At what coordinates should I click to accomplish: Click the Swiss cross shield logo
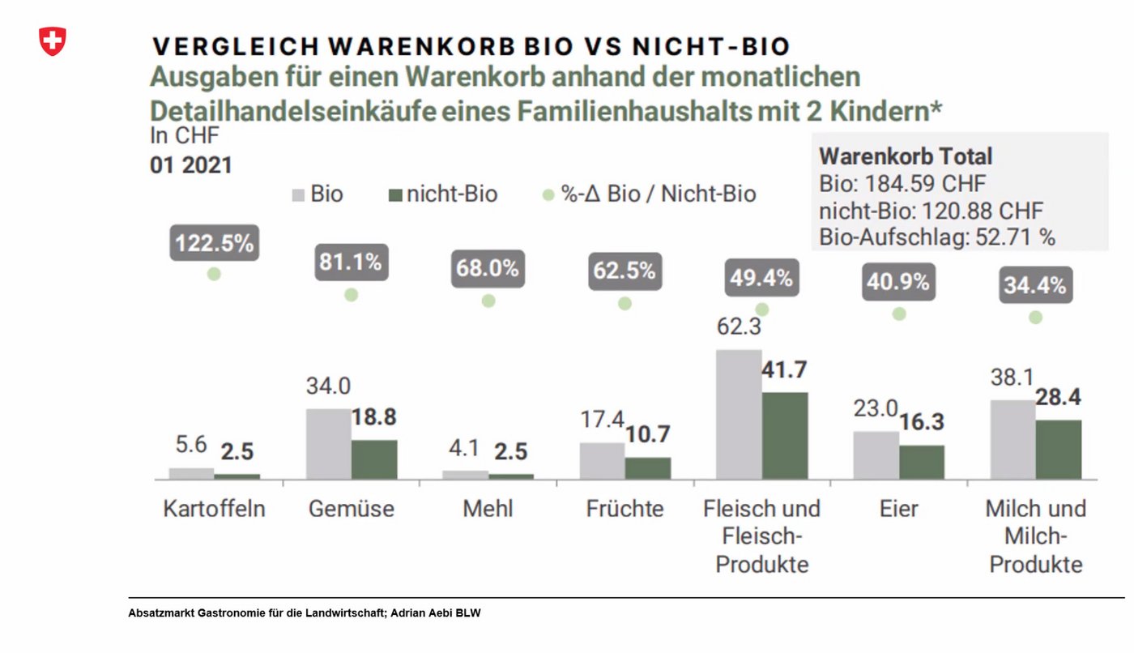53,41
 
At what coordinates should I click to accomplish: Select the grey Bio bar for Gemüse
328,444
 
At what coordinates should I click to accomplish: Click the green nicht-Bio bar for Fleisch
784,436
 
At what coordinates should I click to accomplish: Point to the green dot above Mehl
488,301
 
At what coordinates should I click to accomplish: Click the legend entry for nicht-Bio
444,194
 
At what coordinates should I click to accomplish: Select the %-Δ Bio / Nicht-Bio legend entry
650,194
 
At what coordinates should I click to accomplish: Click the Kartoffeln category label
214,509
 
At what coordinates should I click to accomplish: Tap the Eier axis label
898,509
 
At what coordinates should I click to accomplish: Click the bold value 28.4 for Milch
1059,398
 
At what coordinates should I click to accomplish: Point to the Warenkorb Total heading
906,156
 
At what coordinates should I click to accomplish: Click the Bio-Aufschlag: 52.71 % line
937,237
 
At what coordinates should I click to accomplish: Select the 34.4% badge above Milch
1034,286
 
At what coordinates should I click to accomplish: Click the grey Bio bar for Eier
876,455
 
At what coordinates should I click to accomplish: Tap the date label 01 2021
191,165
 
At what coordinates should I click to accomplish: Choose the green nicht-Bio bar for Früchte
648,468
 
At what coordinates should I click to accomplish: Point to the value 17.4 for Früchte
602,420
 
